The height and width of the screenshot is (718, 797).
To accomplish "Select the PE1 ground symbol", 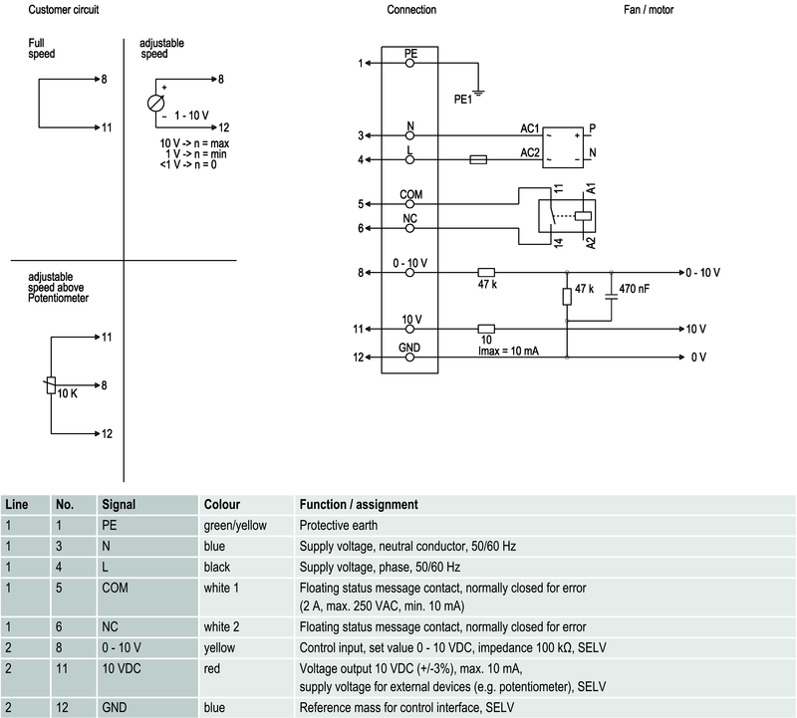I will click(479, 95).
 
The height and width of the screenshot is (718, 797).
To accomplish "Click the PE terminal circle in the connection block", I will click(410, 63).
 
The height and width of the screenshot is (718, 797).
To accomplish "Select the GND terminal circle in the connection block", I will click(410, 358).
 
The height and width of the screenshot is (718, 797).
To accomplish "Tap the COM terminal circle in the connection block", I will click(410, 204).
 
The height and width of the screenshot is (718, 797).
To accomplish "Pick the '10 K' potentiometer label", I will click(67, 393).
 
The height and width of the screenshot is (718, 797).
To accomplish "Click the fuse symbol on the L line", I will click(477, 159).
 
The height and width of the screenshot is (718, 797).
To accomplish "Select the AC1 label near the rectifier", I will click(530, 128).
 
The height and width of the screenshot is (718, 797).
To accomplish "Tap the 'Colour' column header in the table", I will click(221, 505).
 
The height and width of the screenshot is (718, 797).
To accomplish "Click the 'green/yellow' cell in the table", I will click(235, 525).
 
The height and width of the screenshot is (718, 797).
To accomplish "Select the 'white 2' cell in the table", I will click(224, 625).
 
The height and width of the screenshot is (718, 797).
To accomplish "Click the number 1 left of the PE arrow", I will click(361, 64).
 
